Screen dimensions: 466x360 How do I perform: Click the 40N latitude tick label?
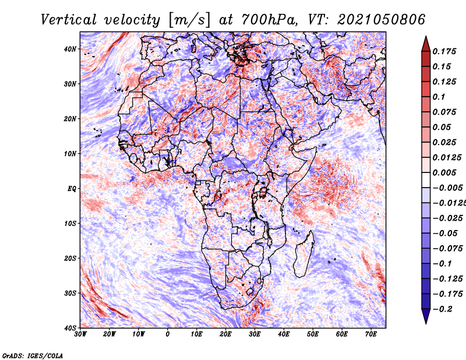[70, 49]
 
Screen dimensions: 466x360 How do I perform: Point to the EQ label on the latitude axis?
[72, 189]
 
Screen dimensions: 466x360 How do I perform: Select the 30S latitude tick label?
[70, 294]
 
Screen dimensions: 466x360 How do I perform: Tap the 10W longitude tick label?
[139, 334]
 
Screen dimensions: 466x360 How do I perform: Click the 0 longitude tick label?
[168, 334]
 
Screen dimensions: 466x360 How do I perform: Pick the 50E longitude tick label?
[313, 334]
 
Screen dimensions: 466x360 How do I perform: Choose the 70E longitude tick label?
[371, 334]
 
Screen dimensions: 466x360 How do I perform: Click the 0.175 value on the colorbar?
[444, 51]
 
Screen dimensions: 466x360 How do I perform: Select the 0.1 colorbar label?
[439, 97]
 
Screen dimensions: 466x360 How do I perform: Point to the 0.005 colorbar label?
[444, 172]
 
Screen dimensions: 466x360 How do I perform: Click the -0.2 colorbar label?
[442, 309]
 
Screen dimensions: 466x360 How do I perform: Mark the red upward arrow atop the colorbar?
[426, 44]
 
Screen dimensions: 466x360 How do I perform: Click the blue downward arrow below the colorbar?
[426, 316]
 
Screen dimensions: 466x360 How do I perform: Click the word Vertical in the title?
[69, 20]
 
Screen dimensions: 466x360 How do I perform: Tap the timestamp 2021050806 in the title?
[381, 20]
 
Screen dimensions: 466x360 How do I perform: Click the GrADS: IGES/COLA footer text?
[33, 356]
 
